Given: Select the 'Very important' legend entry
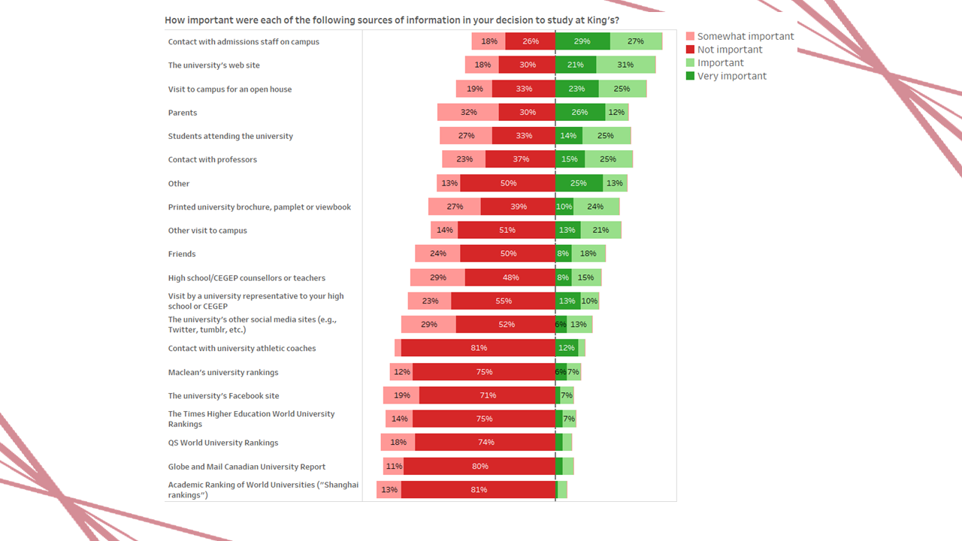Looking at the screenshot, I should (x=731, y=76).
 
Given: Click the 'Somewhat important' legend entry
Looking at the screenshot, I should (x=745, y=36).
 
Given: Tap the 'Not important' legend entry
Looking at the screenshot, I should (x=729, y=50).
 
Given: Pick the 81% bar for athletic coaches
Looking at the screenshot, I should (x=478, y=348).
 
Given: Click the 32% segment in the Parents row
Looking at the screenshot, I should (x=468, y=113).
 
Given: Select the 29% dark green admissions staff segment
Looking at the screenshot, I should (x=582, y=41).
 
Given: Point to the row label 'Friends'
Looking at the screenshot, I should (x=182, y=254).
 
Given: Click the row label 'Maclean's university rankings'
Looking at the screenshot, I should (x=223, y=372).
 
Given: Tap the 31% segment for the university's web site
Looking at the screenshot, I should (x=626, y=65).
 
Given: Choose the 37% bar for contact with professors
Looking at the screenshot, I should (x=520, y=159).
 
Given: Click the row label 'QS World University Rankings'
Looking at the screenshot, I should (x=223, y=443).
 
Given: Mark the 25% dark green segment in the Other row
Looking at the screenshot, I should (x=579, y=183).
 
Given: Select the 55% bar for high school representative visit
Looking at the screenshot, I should (x=503, y=301).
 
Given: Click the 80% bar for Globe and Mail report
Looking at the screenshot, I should (x=479, y=466).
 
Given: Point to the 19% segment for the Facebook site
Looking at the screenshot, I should (x=401, y=395).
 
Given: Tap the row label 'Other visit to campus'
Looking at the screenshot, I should (x=207, y=231).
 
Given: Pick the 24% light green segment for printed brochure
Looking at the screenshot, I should (x=596, y=207).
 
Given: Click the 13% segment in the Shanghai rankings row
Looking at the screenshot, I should (x=389, y=490).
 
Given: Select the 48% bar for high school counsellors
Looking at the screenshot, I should (x=510, y=277).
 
